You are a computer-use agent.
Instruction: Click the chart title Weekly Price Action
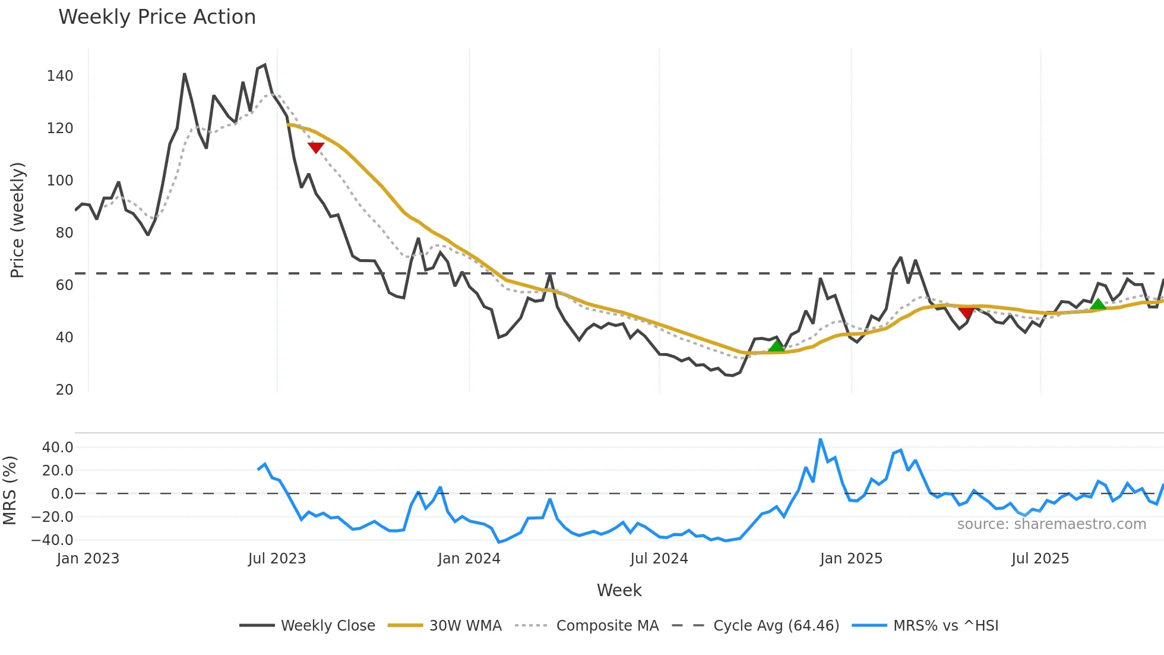157,17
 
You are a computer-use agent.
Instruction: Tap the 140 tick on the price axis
60,76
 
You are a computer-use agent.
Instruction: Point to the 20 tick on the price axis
64,390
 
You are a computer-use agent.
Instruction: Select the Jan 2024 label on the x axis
469,559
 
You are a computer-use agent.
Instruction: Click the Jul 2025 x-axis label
1040,559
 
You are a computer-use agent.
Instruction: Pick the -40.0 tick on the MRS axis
52,540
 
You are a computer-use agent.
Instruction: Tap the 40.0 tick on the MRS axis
57,448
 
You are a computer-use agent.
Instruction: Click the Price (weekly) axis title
17,220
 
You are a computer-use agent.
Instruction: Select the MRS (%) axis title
10,490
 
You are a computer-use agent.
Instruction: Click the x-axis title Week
619,590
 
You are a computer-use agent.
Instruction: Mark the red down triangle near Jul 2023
316,147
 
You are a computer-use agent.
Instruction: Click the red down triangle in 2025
966,313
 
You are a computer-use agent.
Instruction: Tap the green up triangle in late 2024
776,346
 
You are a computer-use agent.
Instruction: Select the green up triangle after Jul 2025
1098,304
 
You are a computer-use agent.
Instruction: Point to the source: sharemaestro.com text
1051,524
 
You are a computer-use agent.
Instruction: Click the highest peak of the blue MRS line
820,440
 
